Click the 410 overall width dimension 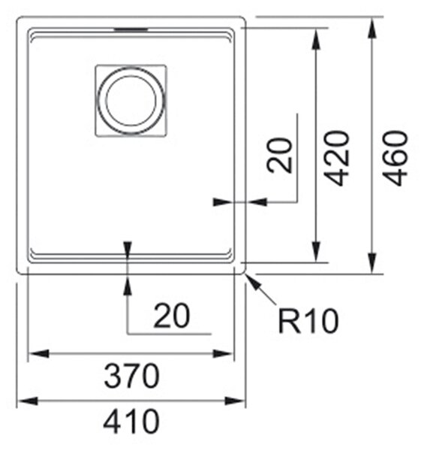point(131,422)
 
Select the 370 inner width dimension point(131,376)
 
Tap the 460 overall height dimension point(395,158)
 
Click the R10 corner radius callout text point(308,321)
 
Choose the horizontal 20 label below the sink point(172,316)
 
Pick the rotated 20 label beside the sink point(280,156)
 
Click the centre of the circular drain point(131,101)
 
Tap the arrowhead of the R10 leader point(251,282)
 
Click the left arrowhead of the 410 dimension point(28,401)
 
